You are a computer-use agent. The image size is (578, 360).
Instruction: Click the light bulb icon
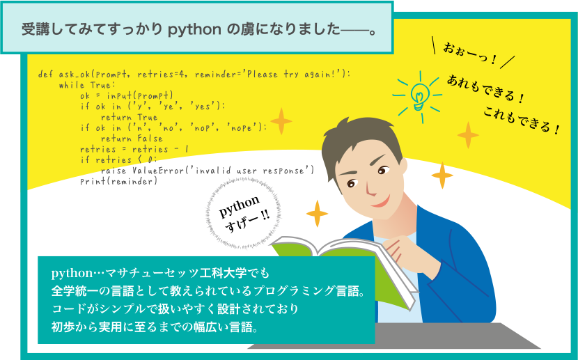419,97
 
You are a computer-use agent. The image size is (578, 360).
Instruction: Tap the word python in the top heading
194,30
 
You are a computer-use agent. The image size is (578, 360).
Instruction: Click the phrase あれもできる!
485,88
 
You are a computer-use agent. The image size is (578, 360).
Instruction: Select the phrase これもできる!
522,120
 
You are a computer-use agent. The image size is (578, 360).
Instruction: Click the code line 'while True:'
87,85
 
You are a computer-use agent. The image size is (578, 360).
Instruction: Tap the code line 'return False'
132,139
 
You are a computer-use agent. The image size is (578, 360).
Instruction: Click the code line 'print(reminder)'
118,181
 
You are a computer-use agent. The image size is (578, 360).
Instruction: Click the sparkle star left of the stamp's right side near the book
317,214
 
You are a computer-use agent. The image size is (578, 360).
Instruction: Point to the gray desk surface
394,336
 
